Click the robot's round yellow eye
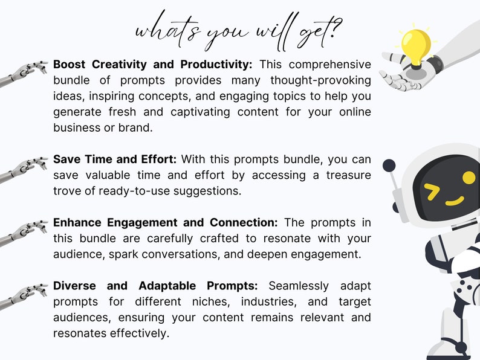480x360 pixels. coord(469,178)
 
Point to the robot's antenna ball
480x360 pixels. coord(389,166)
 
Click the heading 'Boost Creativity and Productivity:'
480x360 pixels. coord(152,64)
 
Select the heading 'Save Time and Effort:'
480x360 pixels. coord(115,159)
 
